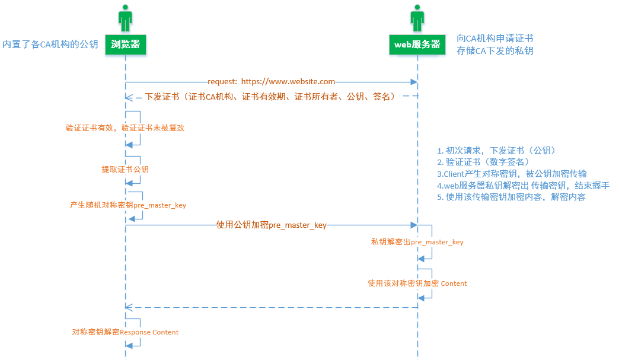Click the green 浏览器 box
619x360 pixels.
coord(125,44)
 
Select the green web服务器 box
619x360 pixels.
coord(417,44)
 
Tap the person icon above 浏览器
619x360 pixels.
coord(125,18)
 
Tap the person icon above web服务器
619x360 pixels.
coord(417,18)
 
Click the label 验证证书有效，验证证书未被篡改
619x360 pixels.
coord(125,128)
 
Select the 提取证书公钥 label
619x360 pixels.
coord(125,169)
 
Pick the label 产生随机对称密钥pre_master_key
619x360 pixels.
coord(128,205)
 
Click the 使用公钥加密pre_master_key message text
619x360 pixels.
coord(271,225)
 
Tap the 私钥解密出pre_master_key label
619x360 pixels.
coord(417,241)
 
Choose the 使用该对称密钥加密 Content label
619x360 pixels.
coord(417,283)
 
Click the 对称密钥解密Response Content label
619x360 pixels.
coord(125,332)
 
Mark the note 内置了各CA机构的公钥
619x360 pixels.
coord(50,44)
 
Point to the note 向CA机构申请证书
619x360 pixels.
coord(495,39)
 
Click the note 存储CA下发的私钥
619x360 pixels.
coord(495,51)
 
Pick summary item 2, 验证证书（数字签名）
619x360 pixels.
coord(483,162)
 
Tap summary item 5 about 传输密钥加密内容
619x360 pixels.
coord(512,197)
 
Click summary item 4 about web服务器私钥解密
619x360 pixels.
coord(524,186)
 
